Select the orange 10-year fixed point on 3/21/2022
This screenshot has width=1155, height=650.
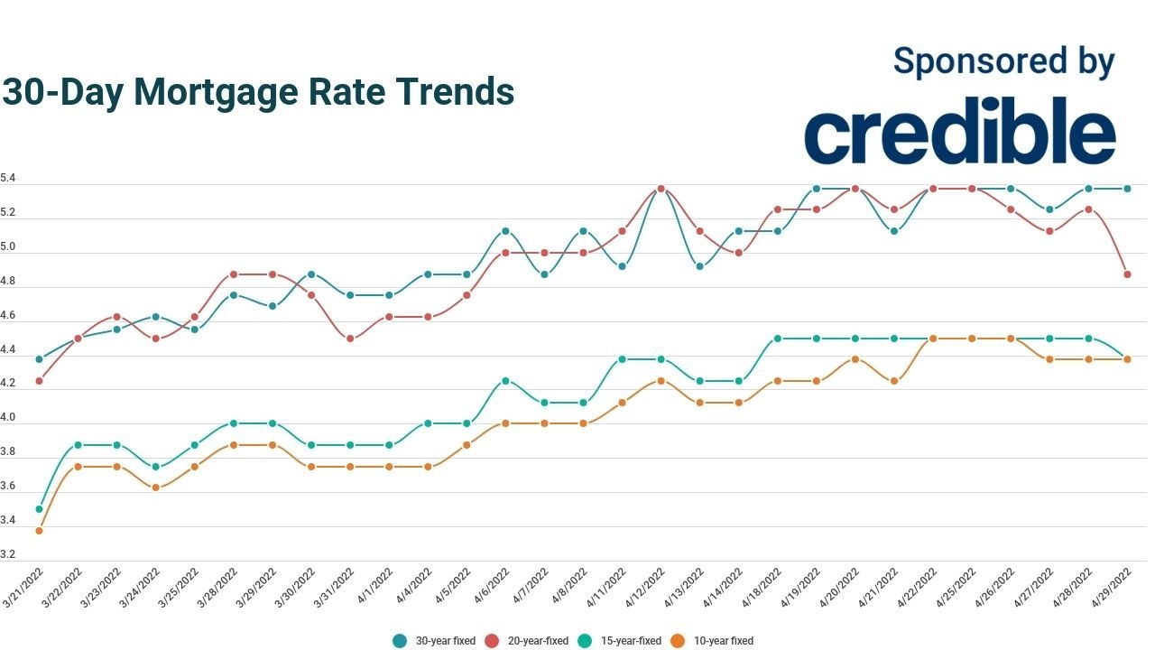coord(39,531)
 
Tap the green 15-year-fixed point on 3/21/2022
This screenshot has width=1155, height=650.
coord(39,509)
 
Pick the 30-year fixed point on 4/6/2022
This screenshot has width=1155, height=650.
coord(505,231)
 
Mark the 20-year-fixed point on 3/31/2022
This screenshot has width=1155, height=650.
coord(350,339)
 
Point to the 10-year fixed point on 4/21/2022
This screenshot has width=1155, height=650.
coord(893,381)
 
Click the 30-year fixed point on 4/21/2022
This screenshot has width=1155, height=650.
coord(893,231)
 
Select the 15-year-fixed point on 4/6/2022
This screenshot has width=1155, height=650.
coord(505,381)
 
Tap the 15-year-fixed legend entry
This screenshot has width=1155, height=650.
coord(624,641)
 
